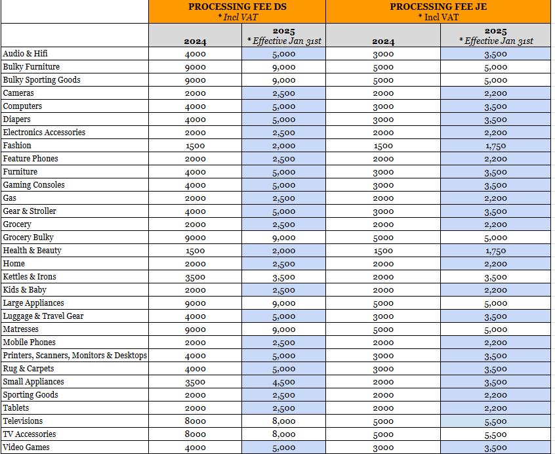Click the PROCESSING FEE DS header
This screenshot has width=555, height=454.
(x=237, y=7)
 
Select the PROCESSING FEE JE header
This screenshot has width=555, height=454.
(x=438, y=7)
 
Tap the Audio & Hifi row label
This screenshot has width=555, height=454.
(x=25, y=53)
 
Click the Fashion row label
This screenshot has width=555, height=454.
(x=17, y=146)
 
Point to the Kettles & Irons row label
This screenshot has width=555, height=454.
(x=30, y=277)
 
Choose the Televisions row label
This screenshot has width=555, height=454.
(x=23, y=421)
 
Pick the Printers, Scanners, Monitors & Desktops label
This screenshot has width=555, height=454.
(x=75, y=356)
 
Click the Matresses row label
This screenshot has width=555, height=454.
(x=20, y=329)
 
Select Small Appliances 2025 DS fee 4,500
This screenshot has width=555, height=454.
(x=284, y=382)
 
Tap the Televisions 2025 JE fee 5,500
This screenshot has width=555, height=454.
(x=495, y=421)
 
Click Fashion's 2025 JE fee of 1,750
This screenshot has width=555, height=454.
(x=495, y=146)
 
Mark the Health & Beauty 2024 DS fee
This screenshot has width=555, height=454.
(x=195, y=251)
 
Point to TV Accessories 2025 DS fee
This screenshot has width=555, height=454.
(x=284, y=434)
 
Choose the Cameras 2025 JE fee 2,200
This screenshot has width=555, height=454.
(x=495, y=93)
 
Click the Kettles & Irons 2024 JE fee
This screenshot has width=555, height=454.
(x=383, y=277)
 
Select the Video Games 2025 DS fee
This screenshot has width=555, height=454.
(x=284, y=447)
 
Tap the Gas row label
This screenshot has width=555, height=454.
(x=10, y=198)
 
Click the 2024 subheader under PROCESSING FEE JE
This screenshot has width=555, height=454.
(x=383, y=41)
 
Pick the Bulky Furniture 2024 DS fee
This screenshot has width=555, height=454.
(x=195, y=67)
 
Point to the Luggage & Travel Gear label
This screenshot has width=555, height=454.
(x=43, y=316)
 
